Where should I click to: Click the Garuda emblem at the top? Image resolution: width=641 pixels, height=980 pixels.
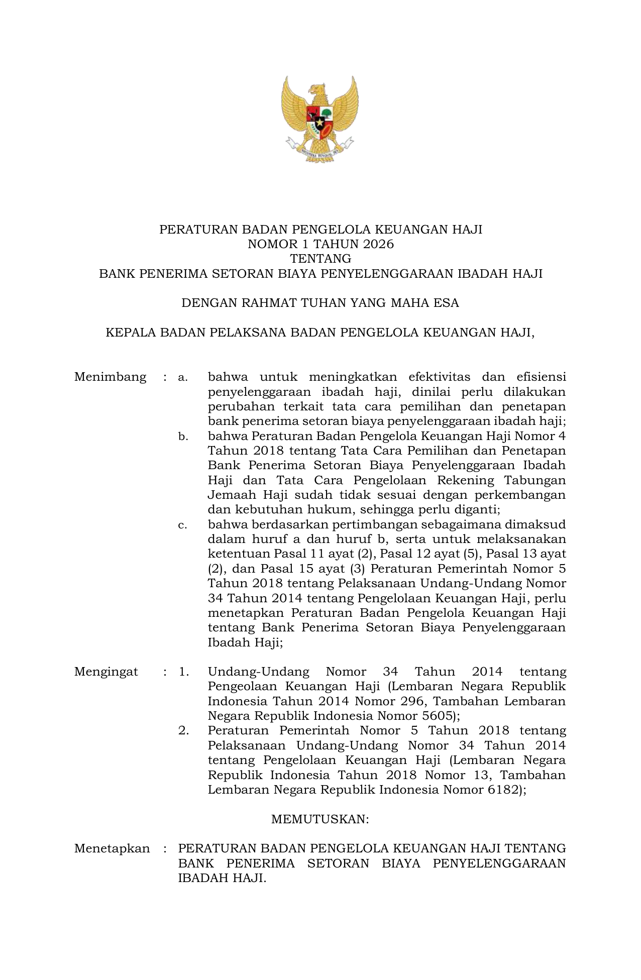tap(320, 119)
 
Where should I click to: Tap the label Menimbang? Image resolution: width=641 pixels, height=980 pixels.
tap(110, 377)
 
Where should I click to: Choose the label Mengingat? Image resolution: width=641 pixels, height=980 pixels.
tap(106, 672)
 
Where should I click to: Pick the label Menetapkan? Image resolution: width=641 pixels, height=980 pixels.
tap(112, 848)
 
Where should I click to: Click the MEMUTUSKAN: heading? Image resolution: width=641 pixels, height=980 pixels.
tap(320, 819)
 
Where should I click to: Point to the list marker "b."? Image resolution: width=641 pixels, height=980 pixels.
tap(183, 437)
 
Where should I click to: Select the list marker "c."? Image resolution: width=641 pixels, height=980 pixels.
tap(183, 525)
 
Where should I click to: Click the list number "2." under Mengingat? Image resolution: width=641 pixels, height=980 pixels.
tap(183, 730)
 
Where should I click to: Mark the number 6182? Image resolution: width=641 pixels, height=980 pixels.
tap(504, 790)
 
